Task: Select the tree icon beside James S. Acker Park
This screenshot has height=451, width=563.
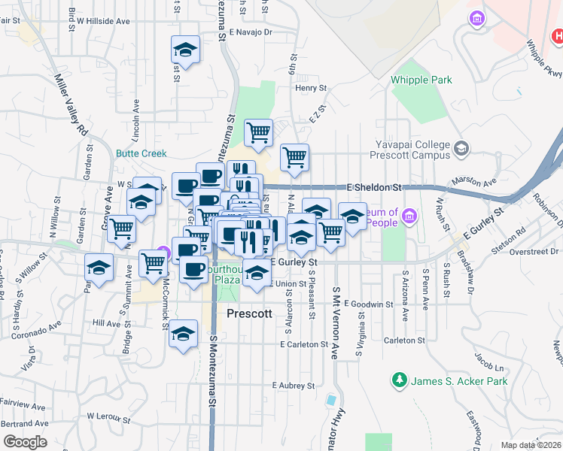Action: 399,381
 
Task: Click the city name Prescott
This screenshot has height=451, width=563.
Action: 249,313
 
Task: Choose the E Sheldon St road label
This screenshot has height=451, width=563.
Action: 374,186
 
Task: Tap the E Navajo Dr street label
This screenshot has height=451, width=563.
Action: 251,32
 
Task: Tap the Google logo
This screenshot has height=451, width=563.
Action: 25,441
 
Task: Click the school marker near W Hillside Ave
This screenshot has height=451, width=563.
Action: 185,50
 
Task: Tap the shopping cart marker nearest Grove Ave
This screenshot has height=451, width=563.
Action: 122,229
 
